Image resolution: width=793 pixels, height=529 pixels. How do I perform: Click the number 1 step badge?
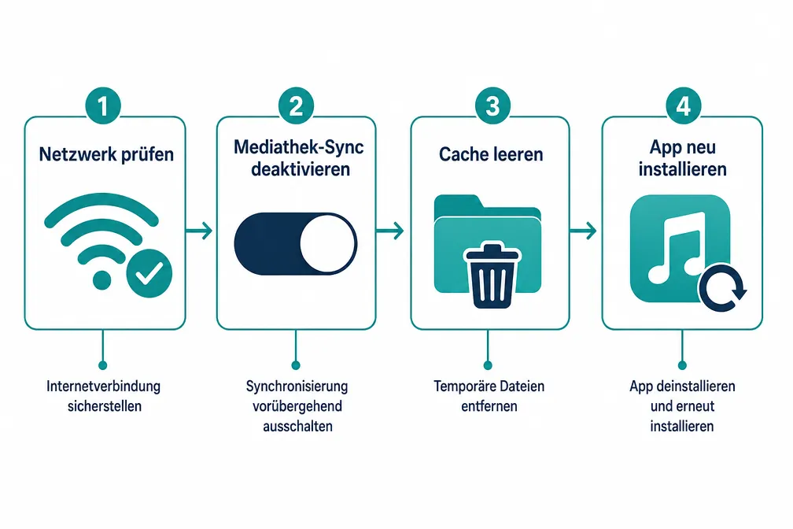coord(102,105)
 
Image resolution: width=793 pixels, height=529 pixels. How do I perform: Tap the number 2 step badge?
coord(296,105)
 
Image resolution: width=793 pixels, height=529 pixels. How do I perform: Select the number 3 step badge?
coord(492,105)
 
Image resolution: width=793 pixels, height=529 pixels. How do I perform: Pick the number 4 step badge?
coord(683,105)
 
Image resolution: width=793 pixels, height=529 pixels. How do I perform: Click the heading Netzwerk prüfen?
coord(106,154)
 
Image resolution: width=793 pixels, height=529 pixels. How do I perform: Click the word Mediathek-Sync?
coord(298,146)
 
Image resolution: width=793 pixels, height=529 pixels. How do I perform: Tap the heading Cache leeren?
coord(491,154)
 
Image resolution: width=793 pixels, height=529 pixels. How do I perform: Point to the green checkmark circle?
coord(149,273)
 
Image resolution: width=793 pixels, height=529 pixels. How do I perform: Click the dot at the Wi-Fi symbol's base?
coord(101,280)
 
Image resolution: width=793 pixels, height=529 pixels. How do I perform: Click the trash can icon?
coord(492,276)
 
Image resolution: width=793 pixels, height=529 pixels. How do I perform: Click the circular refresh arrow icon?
coord(721,288)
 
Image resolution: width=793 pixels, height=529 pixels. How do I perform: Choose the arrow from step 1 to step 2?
coord(199,231)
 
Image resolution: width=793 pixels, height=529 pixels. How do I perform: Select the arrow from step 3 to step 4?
coord(583,231)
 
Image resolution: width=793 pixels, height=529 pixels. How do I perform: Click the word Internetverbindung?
coord(103,387)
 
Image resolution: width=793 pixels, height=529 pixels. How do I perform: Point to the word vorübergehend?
coord(297,406)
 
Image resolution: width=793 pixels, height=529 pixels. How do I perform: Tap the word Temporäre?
coord(463,387)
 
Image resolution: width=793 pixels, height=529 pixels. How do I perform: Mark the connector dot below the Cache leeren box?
coord(488,365)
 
